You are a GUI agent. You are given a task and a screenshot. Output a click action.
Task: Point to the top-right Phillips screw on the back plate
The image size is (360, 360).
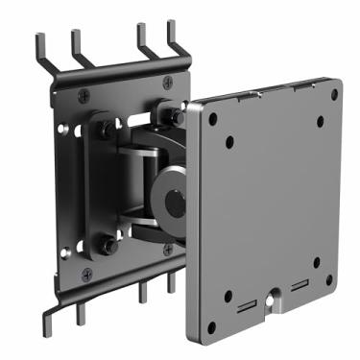tap(169, 82)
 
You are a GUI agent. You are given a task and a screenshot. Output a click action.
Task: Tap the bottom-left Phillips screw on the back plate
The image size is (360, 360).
tap(87, 274)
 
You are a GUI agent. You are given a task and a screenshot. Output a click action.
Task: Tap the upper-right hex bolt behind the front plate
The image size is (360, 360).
tap(177, 115)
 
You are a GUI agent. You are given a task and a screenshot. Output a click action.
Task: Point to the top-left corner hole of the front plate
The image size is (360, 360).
tap(211, 120)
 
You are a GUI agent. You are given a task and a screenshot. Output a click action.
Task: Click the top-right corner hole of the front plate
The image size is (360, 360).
tap(334, 94)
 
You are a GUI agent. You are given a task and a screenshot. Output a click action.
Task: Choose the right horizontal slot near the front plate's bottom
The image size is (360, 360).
tap(300, 287)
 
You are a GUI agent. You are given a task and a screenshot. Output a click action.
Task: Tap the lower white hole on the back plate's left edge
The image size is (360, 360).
tap(64, 252)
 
